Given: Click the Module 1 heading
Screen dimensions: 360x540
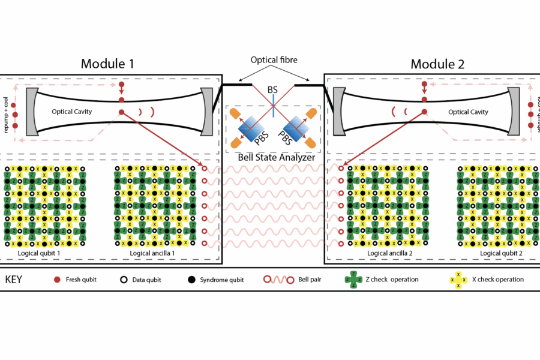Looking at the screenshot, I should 107,64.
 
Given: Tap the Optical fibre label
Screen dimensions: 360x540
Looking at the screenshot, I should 274,60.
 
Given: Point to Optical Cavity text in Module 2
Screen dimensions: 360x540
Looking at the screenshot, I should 467,112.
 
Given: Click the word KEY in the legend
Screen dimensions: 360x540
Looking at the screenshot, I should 14,280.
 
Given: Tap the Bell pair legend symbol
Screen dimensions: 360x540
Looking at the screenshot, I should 278,280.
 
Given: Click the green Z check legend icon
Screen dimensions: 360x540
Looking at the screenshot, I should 352,280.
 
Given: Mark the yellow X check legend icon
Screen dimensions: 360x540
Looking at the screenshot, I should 458,280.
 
